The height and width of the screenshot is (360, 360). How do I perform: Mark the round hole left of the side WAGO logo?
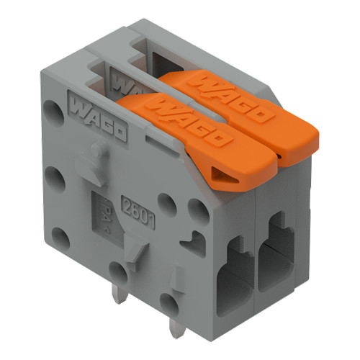[x=53, y=111]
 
